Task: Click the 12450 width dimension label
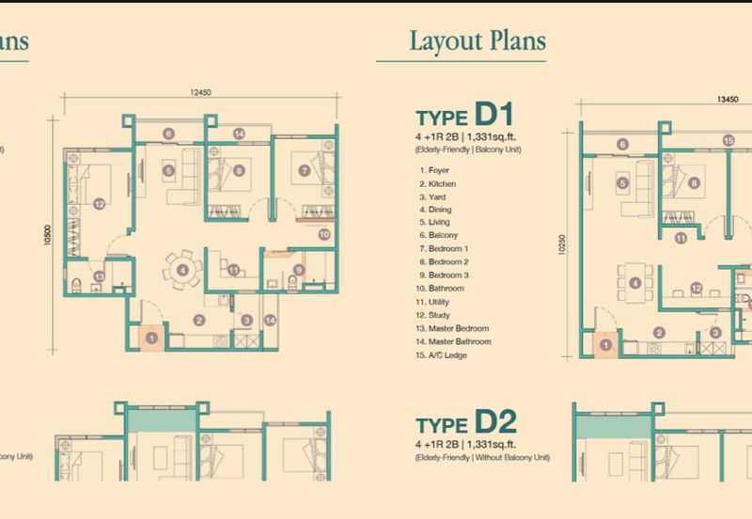point(197,92)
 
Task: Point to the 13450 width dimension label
point(726,97)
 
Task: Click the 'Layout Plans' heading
point(478,41)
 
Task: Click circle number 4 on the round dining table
point(182,270)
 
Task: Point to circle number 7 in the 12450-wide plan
point(305,170)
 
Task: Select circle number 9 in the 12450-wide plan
point(299,271)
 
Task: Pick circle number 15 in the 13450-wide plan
point(728,140)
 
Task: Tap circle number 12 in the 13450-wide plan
point(697,288)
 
